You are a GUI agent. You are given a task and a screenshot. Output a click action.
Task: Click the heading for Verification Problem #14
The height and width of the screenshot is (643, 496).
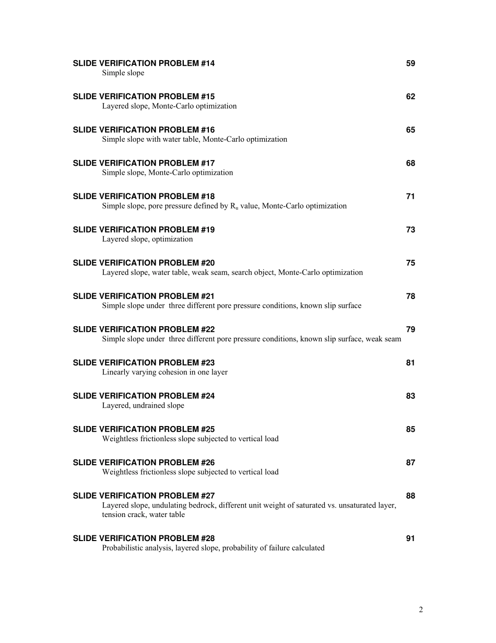[144, 64]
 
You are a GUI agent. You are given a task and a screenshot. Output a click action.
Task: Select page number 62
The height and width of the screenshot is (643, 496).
[410, 97]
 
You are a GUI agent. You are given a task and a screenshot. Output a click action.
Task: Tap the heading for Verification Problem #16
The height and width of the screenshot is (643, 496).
[144, 130]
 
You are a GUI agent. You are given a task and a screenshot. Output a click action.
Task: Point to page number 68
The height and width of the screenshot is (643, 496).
[410, 164]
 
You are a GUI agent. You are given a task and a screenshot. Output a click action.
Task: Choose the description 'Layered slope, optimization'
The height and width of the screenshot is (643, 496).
[147, 239]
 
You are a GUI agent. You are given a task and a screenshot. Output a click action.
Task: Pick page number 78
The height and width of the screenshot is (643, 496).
[410, 296]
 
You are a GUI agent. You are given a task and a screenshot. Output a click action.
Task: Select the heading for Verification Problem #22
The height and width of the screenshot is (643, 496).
[144, 330]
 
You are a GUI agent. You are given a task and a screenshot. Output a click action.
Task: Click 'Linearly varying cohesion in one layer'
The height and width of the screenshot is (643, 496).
[164, 372]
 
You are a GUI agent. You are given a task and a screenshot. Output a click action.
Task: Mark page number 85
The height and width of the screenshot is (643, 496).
[410, 430]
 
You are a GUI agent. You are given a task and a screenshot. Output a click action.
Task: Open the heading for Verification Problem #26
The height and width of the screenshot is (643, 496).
[144, 463]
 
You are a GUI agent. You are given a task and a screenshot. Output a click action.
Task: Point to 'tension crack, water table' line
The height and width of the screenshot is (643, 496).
[143, 515]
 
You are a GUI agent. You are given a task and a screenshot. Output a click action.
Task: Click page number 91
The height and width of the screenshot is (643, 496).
[410, 538]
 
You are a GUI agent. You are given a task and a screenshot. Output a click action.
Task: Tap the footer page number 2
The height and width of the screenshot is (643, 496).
[421, 610]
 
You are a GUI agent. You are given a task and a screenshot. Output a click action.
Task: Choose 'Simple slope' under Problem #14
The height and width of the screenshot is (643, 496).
[123, 73]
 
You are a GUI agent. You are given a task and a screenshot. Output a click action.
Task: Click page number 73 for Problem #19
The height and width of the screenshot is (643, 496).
[410, 230]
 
